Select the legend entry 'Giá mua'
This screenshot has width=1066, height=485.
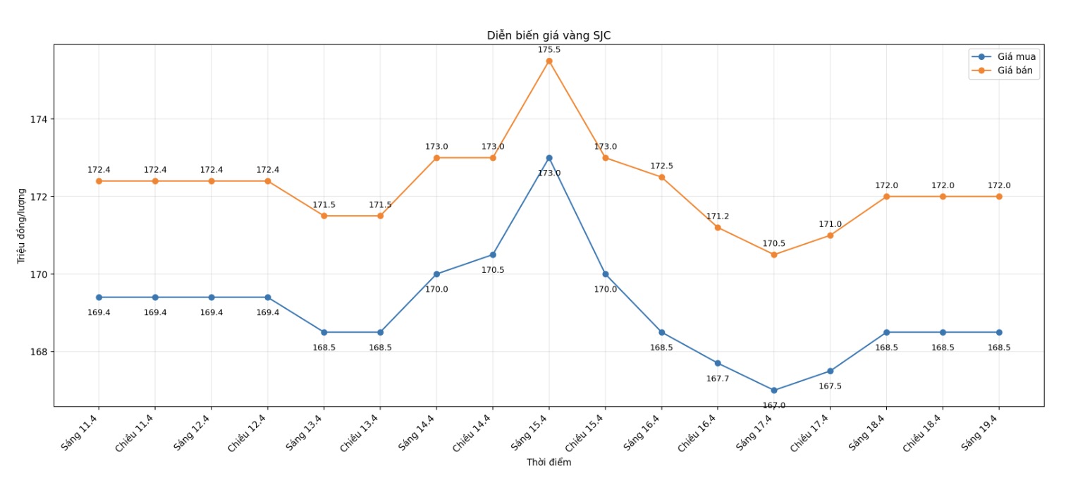[x=1016, y=56]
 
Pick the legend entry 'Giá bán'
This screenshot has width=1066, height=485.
[x=1015, y=70]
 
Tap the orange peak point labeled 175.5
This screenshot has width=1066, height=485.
[x=549, y=61]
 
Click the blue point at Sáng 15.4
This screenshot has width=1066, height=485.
[x=549, y=158]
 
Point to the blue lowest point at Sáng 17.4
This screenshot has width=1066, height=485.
[x=774, y=391]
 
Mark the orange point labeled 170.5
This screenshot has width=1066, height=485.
[x=774, y=254]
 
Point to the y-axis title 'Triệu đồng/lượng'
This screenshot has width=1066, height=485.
[x=22, y=226]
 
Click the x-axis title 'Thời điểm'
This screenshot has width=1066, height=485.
[x=549, y=463]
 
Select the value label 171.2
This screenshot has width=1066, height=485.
[x=718, y=216]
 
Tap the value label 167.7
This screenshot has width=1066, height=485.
[x=718, y=379]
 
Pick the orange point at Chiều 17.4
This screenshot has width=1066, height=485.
[x=831, y=235]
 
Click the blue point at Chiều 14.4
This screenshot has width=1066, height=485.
[x=493, y=254]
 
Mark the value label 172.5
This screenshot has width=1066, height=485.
[x=661, y=166]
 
